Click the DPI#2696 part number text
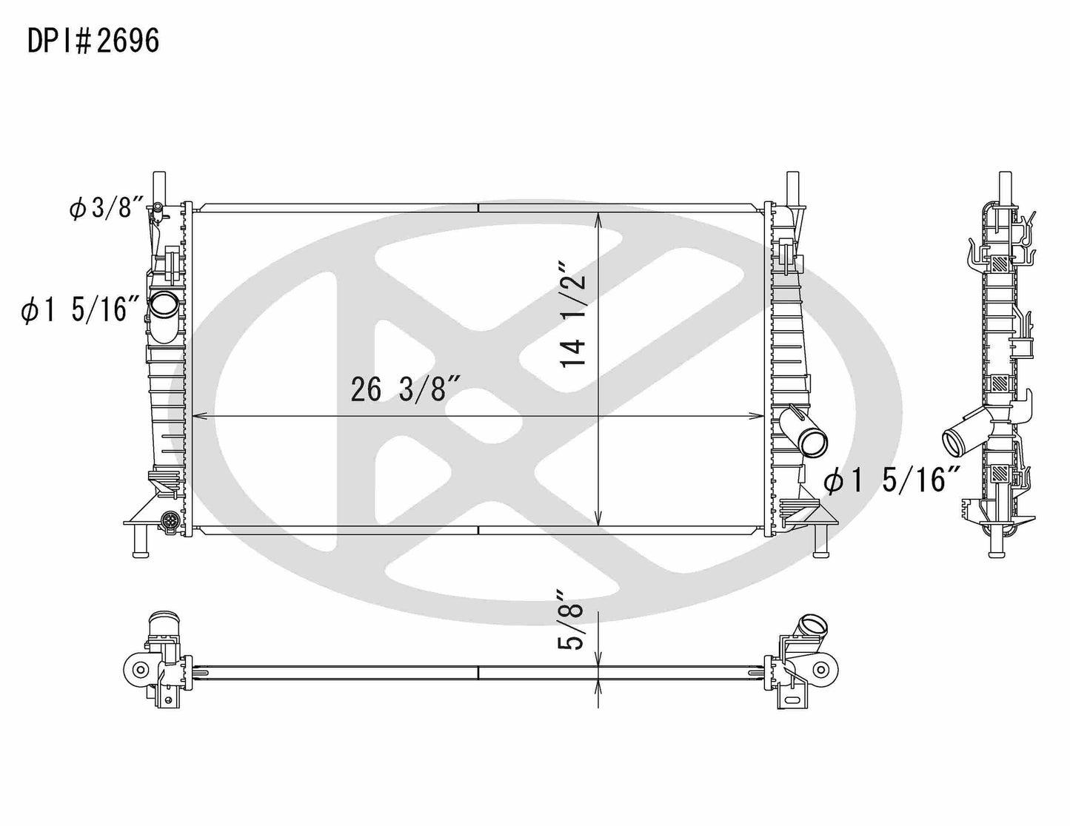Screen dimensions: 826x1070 (93, 41)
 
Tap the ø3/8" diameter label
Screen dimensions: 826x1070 (104, 209)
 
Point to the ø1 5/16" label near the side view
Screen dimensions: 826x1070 (892, 481)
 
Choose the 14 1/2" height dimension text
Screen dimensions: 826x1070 (573, 314)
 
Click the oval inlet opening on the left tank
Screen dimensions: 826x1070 (163, 303)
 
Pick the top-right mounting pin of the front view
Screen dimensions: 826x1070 (792, 184)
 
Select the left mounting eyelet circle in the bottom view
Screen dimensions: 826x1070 (138, 670)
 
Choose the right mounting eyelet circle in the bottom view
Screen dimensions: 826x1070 (820, 670)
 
